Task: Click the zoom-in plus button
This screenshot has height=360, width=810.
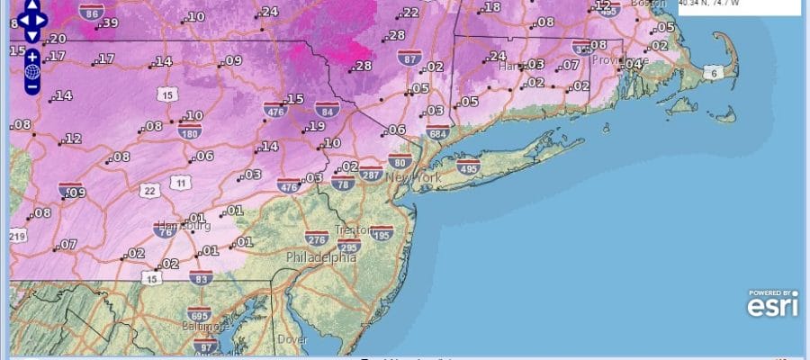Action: pos(31,56)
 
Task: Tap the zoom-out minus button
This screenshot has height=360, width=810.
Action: pos(31,87)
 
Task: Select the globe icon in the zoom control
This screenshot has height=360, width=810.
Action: pos(31,71)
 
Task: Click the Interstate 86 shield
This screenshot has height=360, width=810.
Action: pos(90,13)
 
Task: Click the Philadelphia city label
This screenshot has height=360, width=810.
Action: pos(320,257)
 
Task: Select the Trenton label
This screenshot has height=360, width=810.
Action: pos(353,230)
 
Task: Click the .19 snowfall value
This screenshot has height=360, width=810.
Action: pos(316,127)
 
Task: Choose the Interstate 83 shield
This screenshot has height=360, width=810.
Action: pos(201,279)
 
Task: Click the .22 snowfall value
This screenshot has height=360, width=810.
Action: pos(409,13)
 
